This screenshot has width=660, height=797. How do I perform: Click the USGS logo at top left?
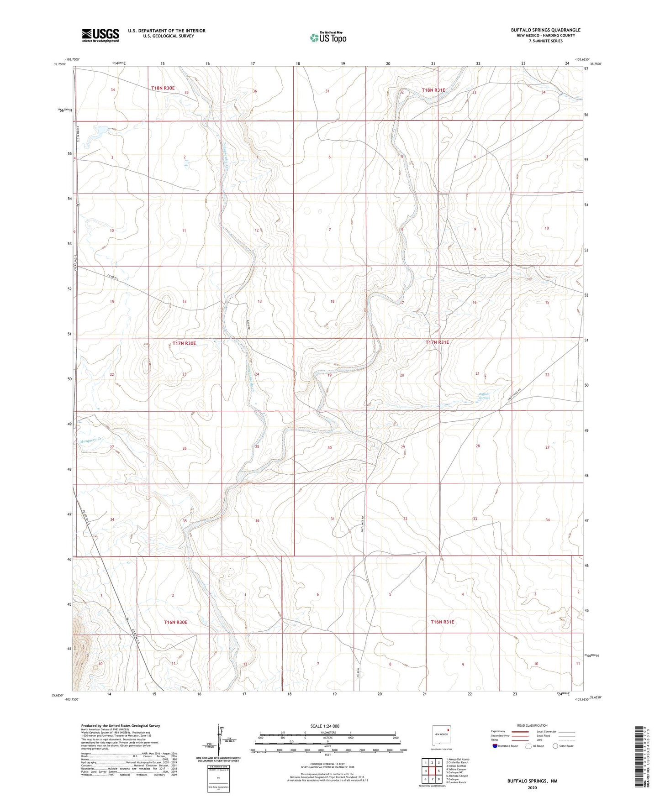pos(100,35)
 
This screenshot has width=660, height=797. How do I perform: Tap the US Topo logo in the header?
pos(328,37)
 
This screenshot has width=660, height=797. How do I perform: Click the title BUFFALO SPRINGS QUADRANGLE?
pos(545,30)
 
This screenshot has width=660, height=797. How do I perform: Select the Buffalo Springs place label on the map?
pos(484,396)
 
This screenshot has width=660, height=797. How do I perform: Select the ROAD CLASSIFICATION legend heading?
pos(532,725)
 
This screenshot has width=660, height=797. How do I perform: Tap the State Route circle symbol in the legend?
pos(555,746)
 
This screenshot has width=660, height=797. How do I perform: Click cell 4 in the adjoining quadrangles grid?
pos(426,771)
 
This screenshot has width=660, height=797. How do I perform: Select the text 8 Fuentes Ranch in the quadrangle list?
pos(456,782)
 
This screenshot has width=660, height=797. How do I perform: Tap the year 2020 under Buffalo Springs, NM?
pos(532,787)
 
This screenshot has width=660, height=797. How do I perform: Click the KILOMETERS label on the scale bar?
pos(327,733)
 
